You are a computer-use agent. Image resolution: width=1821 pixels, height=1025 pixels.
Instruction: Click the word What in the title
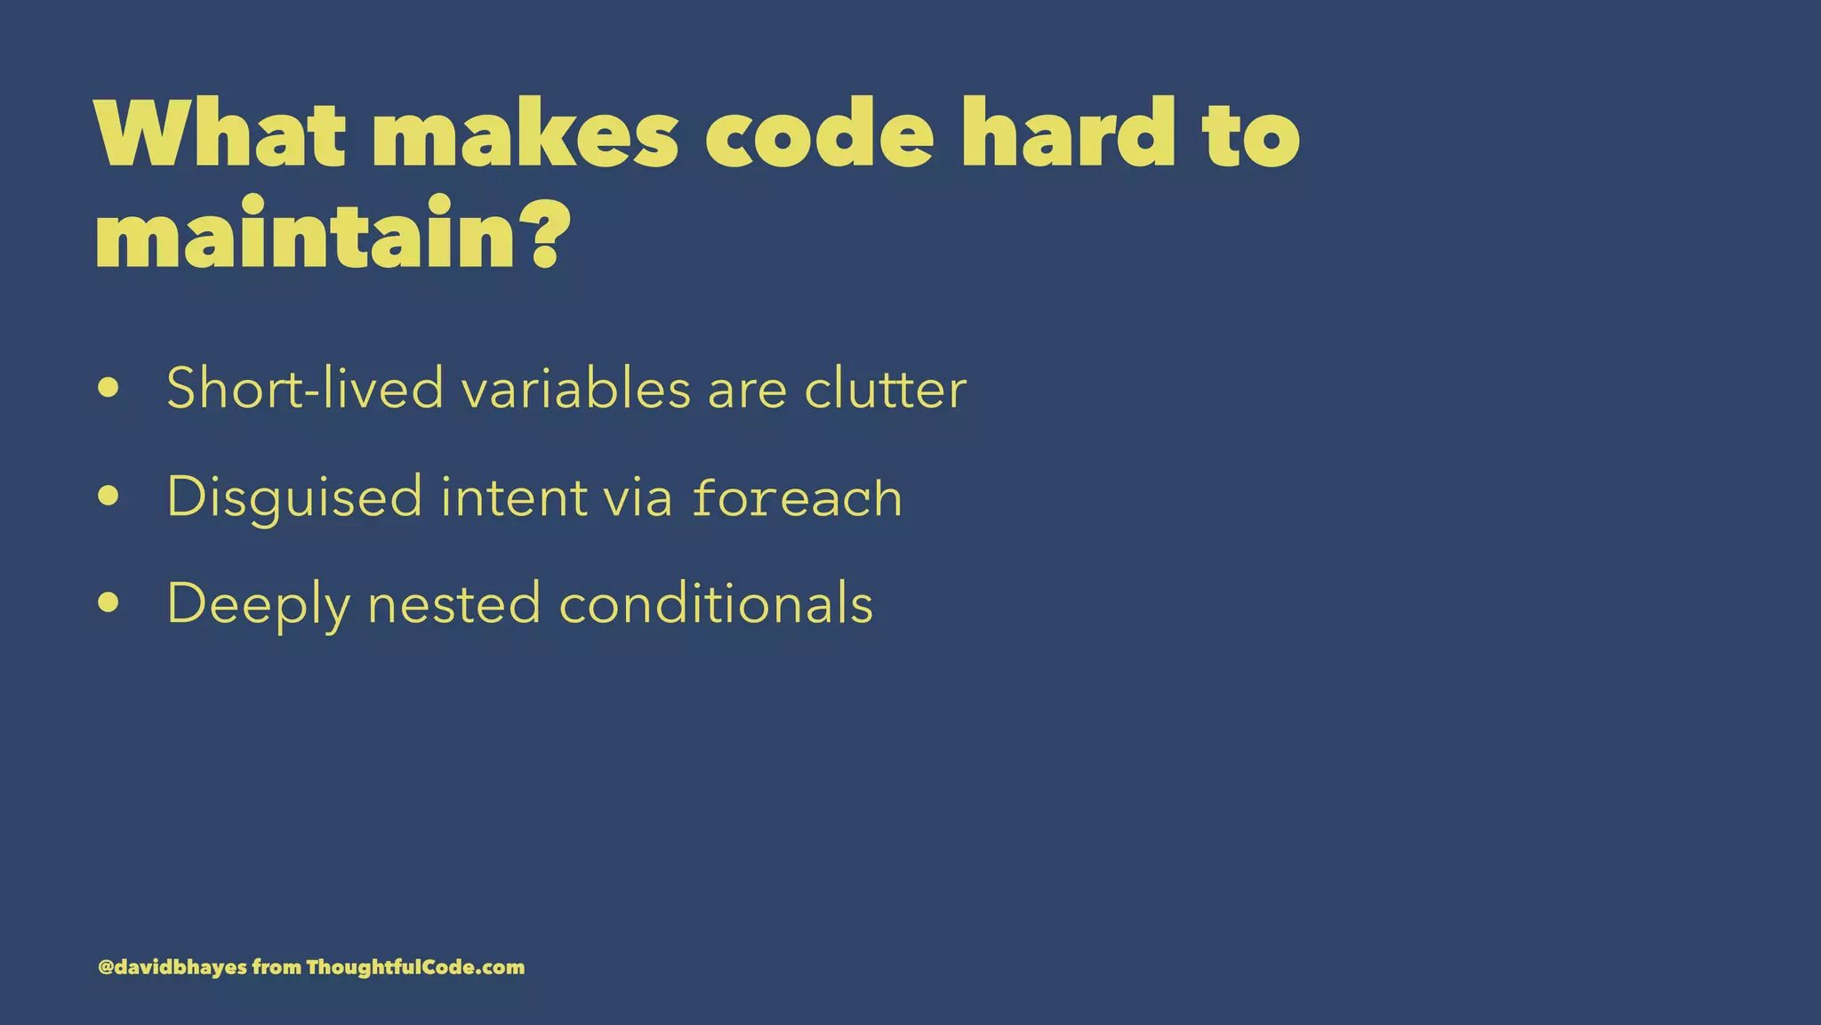(219, 134)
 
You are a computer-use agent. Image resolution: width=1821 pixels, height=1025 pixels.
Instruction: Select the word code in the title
(819, 134)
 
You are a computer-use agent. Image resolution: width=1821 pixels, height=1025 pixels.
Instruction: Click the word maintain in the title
(306, 235)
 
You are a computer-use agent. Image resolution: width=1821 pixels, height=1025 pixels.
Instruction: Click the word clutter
(885, 390)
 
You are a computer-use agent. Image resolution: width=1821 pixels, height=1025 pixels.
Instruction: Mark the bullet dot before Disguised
(108, 496)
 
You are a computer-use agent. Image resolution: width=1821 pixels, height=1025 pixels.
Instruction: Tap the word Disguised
(294, 497)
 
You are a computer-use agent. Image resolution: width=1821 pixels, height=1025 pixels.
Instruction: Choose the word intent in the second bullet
(514, 496)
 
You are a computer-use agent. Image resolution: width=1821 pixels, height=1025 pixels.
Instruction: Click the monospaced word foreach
(798, 497)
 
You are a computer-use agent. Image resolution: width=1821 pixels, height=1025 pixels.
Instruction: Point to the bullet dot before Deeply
(108, 602)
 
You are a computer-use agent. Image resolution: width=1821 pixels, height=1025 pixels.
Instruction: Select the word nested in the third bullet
(453, 603)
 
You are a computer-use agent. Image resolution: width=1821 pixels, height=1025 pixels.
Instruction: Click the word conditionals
(716, 603)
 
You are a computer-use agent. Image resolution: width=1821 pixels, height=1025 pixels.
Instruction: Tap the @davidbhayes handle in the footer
(172, 967)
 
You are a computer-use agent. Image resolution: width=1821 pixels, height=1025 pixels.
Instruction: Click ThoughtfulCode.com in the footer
(415, 967)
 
